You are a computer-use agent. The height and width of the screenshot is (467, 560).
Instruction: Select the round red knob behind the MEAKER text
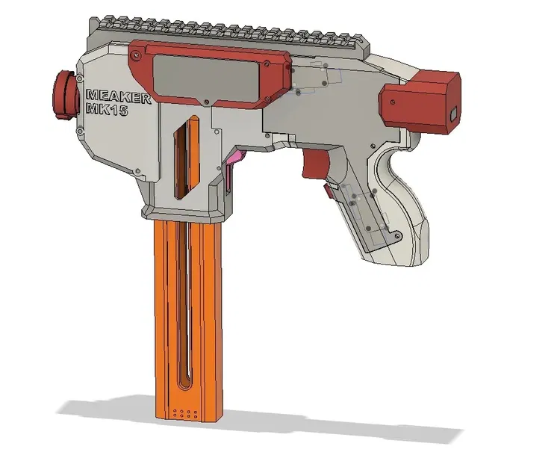pyautogui.click(x=64, y=95)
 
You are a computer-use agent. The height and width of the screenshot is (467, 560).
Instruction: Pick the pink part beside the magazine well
pyautogui.click(x=237, y=157)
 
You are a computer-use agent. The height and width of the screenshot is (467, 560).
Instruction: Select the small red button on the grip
pyautogui.click(x=329, y=192)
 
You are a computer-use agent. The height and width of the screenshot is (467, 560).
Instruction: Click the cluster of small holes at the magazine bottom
pyautogui.click(x=184, y=411)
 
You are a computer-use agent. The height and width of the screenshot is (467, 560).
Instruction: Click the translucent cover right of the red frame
pyautogui.click(x=314, y=78)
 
